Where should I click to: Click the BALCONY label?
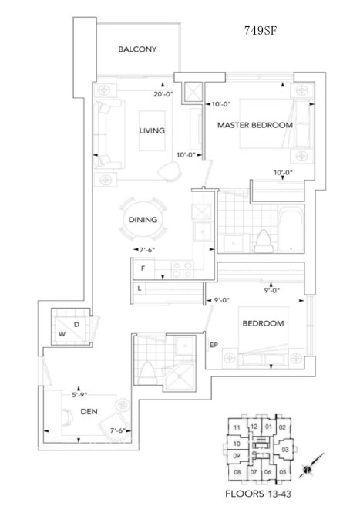pyautogui.click(x=137, y=49)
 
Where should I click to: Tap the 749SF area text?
pyautogui.click(x=261, y=31)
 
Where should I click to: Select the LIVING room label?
pyautogui.click(x=152, y=130)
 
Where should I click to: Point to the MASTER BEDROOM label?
pyautogui.click(x=255, y=125)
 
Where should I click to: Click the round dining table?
pyautogui.click(x=143, y=219)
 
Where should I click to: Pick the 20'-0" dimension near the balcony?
pyautogui.click(x=163, y=94)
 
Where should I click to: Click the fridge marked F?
pyautogui.click(x=143, y=268)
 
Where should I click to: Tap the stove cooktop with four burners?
pyautogui.click(x=182, y=269)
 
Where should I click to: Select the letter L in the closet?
pyautogui.click(x=140, y=288)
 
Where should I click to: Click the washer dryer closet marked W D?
pyautogui.click(x=70, y=326)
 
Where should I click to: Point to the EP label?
pyautogui.click(x=214, y=345)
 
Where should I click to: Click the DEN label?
pyautogui.click(x=89, y=412)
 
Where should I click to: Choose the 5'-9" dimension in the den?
pyautogui.click(x=79, y=395)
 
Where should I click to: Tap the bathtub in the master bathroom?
pyautogui.click(x=291, y=229)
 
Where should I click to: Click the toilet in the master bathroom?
pyautogui.click(x=264, y=241)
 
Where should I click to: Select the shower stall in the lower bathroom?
pyautogui.click(x=179, y=377)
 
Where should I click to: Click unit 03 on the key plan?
pyautogui.click(x=285, y=450)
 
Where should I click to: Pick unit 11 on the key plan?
pyautogui.click(x=237, y=427)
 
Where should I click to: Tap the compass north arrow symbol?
pyautogui.click(x=311, y=466)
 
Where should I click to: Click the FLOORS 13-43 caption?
pyautogui.click(x=258, y=494)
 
